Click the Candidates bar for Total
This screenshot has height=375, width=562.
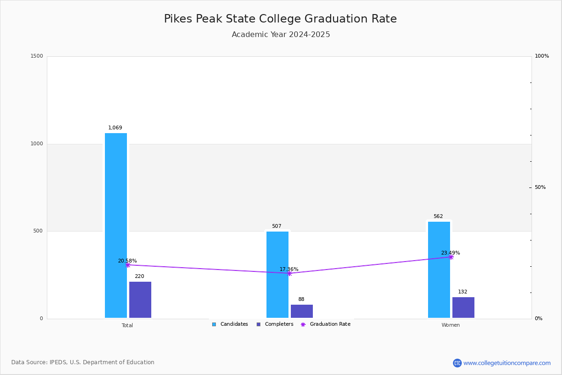pos(116,225)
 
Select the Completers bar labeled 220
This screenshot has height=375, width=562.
pos(140,300)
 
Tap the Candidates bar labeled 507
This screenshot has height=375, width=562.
pos(277,274)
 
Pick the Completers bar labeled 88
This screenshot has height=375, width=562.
pos(302,311)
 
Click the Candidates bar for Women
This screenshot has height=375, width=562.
pos(439,270)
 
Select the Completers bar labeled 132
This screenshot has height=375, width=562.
pos(463,307)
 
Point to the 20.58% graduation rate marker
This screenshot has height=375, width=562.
pos(128,265)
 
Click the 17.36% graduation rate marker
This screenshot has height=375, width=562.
pos(289,273)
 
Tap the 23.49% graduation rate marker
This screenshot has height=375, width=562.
pos(451,257)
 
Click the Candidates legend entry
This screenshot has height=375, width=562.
pos(230,324)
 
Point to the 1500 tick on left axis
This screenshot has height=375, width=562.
pos(37,56)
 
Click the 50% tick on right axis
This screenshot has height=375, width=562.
pos(540,187)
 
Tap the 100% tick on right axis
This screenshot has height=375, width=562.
pos(541,56)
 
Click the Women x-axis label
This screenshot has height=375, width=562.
pos(451,325)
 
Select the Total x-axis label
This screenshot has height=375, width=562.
pos(127,325)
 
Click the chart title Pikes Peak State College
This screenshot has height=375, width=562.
pos(280,19)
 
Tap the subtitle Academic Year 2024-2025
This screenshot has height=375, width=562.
pos(281,35)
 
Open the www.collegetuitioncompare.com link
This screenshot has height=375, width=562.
pos(507,363)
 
